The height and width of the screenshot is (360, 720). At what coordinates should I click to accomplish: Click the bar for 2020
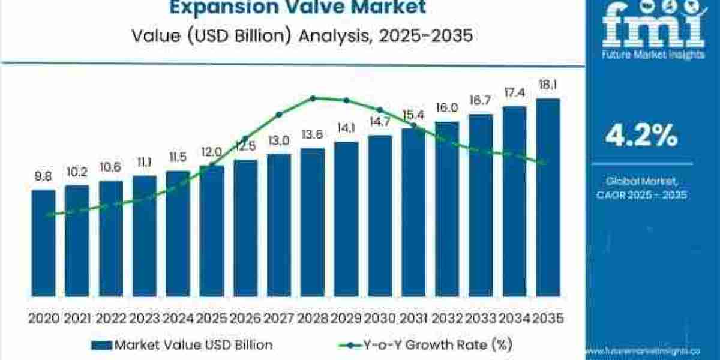[43, 243]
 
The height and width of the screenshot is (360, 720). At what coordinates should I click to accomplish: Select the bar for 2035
[548, 198]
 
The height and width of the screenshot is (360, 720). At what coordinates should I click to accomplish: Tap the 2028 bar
[312, 222]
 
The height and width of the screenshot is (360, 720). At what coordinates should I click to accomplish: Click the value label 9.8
[43, 176]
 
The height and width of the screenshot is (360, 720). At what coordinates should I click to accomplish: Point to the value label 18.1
[548, 85]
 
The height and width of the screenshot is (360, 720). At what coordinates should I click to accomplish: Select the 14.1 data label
[346, 128]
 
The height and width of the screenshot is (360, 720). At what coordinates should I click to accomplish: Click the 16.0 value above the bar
[447, 108]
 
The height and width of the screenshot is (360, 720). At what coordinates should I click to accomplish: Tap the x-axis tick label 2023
[144, 318]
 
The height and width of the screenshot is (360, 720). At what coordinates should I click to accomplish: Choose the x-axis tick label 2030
[380, 318]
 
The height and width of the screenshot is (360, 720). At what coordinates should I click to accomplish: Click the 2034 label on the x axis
[514, 318]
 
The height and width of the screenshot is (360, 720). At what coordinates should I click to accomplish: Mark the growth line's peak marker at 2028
[313, 98]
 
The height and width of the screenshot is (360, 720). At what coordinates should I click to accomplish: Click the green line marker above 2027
[279, 115]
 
